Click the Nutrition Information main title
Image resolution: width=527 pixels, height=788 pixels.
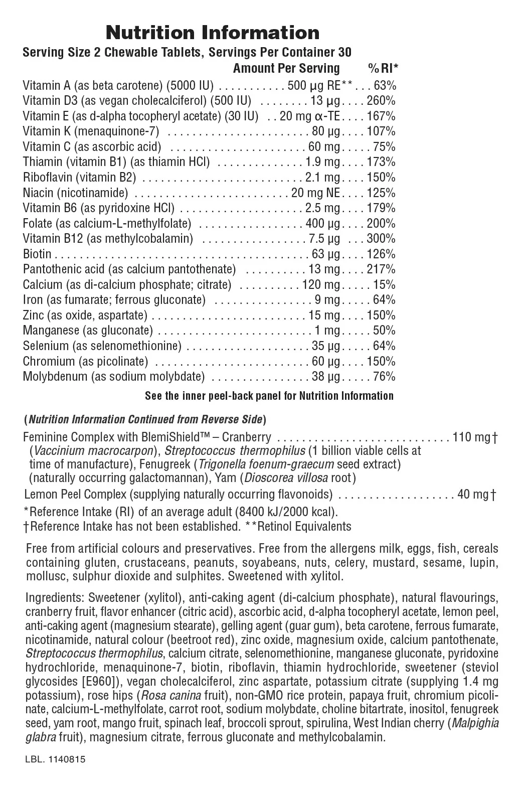[213, 33]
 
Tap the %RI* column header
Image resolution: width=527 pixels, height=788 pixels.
[383, 69]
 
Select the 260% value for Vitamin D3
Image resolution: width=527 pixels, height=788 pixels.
[381, 101]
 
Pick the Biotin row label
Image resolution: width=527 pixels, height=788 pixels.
[37, 254]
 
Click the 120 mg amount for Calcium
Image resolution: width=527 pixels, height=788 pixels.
[321, 285]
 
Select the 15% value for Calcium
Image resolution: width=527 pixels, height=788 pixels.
[384, 285]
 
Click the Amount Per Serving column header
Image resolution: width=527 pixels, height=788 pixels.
[286, 69]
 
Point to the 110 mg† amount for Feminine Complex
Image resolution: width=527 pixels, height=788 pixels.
[474, 437]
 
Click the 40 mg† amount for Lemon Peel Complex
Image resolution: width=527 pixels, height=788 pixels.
[477, 495]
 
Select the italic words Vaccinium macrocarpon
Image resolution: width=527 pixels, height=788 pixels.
[93, 450]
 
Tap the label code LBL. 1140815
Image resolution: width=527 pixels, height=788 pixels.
[55, 759]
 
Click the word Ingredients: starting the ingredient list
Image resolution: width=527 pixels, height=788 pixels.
[55, 598]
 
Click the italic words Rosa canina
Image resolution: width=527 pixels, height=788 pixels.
[171, 696]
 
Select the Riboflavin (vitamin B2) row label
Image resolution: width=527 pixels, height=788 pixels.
[79, 178]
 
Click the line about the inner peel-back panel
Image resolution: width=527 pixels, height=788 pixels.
[269, 396]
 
